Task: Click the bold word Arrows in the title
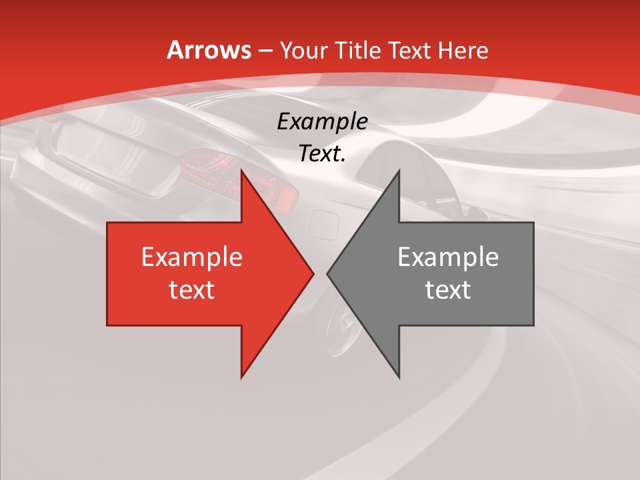coord(209,50)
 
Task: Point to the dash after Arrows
coord(265,51)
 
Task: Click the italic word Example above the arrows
coord(322,121)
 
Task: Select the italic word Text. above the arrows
coord(322,153)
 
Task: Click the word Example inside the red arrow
coord(192,257)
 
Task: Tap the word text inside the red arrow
coord(192,289)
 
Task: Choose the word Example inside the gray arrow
coord(448,257)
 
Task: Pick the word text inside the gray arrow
coord(448,289)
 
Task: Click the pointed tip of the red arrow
coord(313,273)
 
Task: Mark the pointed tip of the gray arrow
coord(327,273)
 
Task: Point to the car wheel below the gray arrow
coord(347,333)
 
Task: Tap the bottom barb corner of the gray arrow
coord(399,377)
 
